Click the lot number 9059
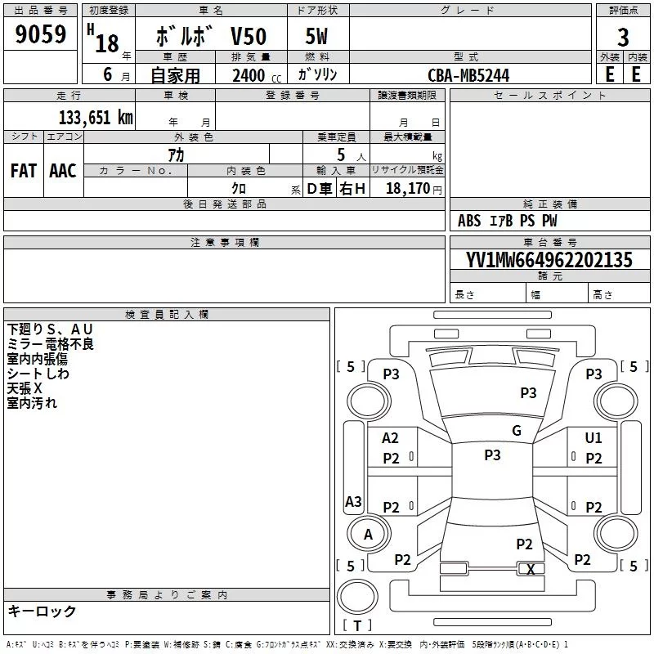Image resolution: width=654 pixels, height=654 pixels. tap(40, 34)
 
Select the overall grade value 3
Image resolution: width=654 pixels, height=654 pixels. tap(623, 38)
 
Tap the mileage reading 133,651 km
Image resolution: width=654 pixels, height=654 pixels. tap(96, 118)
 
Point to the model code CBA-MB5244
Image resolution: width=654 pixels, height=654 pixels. tap(468, 75)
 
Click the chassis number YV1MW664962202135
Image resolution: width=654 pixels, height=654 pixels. tap(549, 260)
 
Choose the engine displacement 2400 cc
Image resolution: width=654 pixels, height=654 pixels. tap(257, 75)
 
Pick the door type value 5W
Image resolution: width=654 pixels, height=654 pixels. tap(316, 36)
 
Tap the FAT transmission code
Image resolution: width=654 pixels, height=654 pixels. tap(24, 171)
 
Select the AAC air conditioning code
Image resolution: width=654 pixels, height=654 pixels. tap(63, 171)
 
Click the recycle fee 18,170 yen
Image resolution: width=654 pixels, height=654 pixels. tap(414, 189)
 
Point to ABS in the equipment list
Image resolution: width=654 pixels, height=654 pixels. tap(468, 221)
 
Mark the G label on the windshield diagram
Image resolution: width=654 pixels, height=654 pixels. tap(517, 430)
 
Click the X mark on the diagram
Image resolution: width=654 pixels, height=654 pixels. tap(531, 569)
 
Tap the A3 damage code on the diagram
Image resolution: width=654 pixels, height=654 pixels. tap(353, 501)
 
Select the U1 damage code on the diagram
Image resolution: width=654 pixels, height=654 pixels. tap(594, 437)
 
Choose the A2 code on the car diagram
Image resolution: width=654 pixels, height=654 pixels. tap(390, 437)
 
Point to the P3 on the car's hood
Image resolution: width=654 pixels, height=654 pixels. tap(528, 392)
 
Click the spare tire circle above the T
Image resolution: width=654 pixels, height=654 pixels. tap(357, 579)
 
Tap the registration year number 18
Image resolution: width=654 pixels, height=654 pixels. tap(107, 43)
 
